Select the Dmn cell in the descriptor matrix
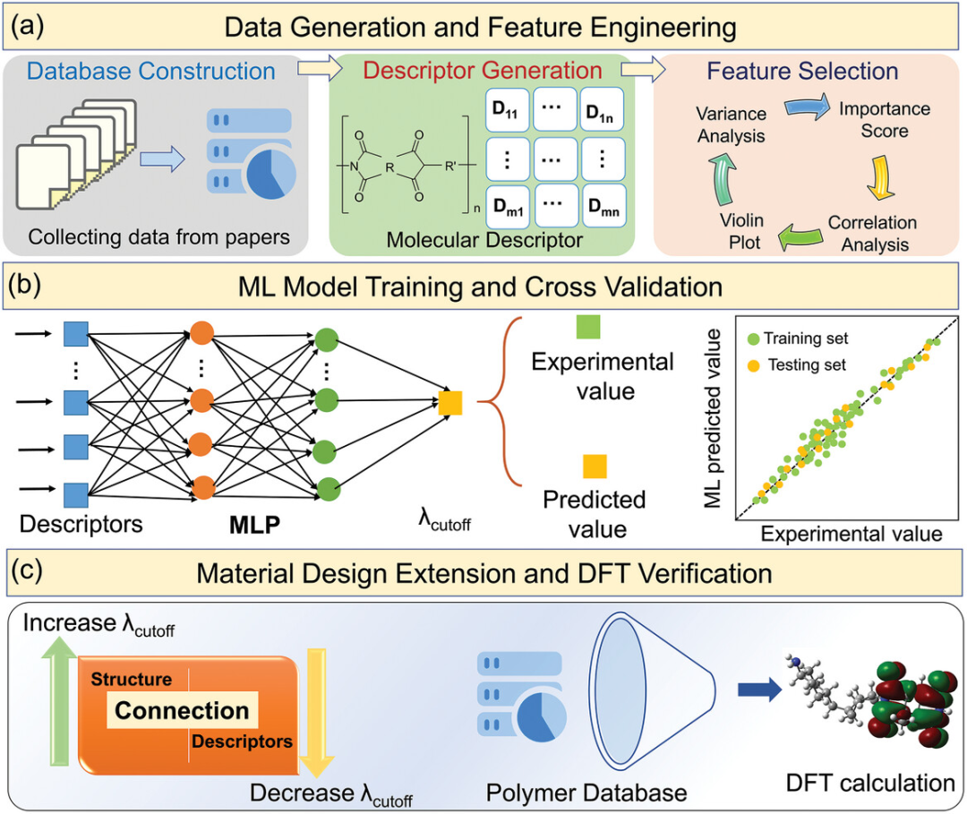602,210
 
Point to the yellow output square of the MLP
450,404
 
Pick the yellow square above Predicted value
595,467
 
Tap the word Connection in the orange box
183,710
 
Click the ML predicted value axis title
714,421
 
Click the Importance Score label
883,120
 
